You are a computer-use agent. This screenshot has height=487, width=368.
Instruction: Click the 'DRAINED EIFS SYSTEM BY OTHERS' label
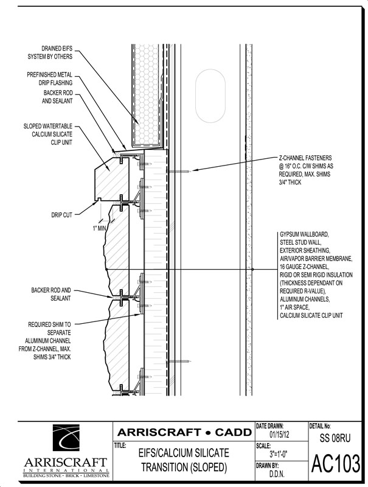[x=50, y=52]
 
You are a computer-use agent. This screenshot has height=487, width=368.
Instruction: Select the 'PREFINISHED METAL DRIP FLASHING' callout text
[x=50, y=79]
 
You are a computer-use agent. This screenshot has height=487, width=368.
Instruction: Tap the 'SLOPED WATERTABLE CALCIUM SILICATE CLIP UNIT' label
[x=48, y=134]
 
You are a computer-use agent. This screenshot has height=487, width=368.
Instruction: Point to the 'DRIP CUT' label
[x=62, y=215]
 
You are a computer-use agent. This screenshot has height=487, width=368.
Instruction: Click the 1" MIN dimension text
[x=99, y=229]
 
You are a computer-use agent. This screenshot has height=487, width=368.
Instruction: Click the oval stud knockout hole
[x=210, y=96]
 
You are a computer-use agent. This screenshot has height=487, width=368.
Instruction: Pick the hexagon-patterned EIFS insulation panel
[x=147, y=95]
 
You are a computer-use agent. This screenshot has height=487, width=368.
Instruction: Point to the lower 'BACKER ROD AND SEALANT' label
[x=51, y=294]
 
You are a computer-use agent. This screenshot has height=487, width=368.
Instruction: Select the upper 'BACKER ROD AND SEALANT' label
[x=58, y=97]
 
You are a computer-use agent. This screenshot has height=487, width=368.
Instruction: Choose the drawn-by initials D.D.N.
[x=277, y=474]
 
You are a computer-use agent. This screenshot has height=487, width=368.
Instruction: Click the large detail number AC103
[x=336, y=464]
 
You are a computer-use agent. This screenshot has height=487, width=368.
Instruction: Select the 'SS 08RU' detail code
[x=335, y=438]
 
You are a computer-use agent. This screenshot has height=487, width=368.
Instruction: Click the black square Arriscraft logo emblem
[x=66, y=438]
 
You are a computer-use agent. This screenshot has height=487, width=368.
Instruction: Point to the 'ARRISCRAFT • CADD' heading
[x=185, y=432]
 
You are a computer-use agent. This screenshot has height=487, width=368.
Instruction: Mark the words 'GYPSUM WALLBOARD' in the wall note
[x=304, y=234]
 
